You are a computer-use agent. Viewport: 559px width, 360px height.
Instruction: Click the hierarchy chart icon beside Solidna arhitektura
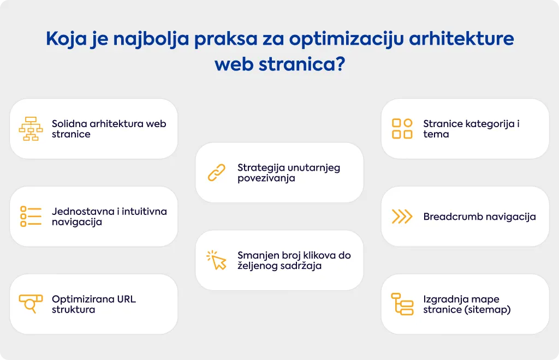pos(31,129)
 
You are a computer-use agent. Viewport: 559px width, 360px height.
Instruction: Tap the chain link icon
pos(216,173)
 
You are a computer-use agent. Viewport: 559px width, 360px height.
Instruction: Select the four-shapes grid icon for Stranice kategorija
pos(402,129)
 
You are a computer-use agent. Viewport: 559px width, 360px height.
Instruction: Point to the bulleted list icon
pos(31,216)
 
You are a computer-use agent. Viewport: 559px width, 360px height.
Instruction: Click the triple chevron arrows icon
pos(402,217)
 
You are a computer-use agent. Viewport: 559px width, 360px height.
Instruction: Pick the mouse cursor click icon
pos(216,260)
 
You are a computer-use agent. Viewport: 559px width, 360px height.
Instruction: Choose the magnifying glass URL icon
pos(31,304)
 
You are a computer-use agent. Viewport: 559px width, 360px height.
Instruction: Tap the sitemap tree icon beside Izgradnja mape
pos(402,304)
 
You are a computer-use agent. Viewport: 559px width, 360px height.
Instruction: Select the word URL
pos(127,299)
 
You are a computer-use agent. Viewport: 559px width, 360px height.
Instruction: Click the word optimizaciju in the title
pos(346,39)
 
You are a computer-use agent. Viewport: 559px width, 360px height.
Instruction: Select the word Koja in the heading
pos(67,39)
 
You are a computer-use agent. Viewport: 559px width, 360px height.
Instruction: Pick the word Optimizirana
pos(83,299)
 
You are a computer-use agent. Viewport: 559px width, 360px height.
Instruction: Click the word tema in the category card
pos(436,134)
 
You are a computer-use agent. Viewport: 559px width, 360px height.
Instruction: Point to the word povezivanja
pos(266,178)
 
